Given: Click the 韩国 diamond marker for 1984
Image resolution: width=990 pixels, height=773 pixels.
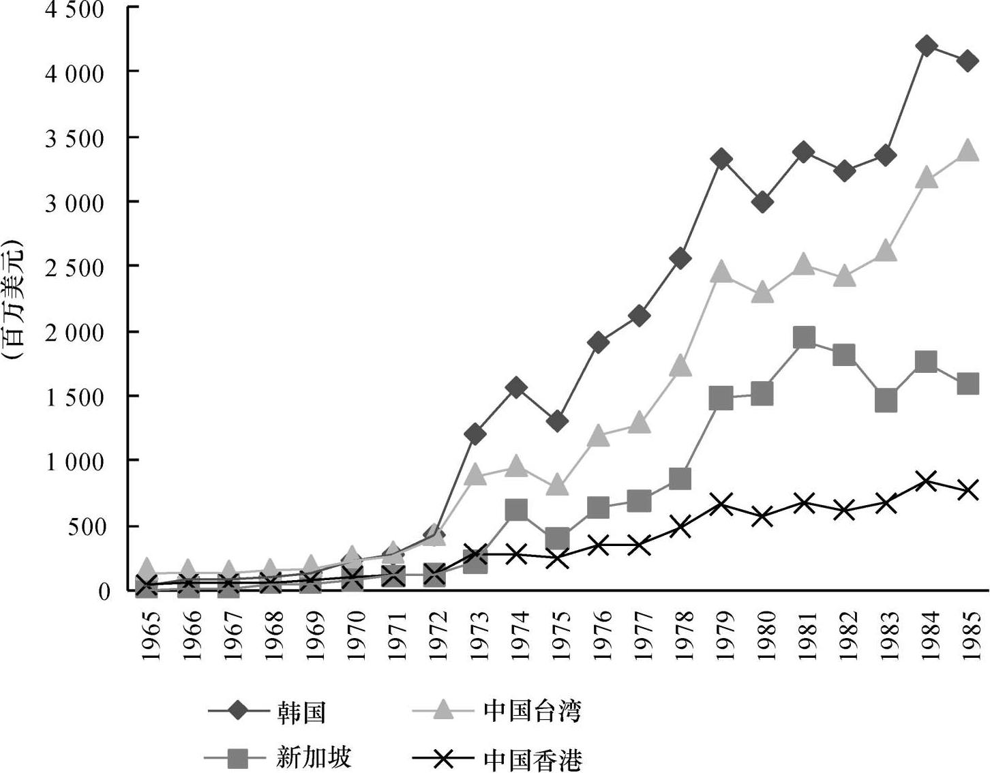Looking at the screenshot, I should click(x=926, y=46).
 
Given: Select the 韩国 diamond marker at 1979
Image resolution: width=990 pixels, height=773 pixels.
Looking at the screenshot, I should click(x=721, y=160).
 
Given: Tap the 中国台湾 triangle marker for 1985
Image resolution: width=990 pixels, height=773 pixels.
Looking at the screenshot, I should click(x=967, y=150).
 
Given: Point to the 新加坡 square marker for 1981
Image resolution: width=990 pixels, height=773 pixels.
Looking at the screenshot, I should click(x=805, y=337).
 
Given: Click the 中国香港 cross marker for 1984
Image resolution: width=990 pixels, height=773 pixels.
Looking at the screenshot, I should click(x=926, y=481).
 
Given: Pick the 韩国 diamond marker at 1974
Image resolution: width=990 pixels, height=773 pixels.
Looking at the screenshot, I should click(x=516, y=388).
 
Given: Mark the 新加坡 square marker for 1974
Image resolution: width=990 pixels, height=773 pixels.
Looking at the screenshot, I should click(x=516, y=509).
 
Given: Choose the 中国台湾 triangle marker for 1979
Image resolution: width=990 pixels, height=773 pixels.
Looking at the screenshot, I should click(x=721, y=273).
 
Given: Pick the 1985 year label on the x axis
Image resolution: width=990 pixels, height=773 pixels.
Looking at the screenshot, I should click(x=968, y=635).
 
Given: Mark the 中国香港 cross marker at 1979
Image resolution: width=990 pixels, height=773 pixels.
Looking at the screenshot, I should click(x=721, y=504).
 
